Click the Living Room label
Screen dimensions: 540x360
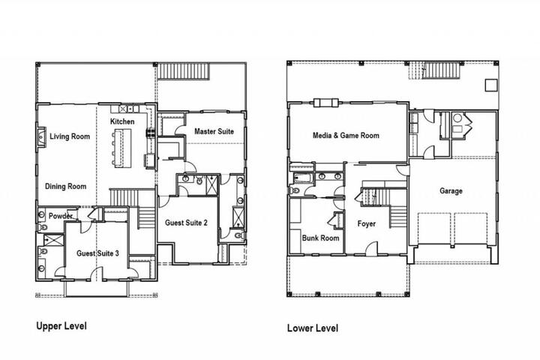click(70, 136)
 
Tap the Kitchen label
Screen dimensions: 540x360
click(122, 121)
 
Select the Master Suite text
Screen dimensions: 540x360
click(214, 131)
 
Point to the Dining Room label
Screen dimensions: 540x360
click(66, 186)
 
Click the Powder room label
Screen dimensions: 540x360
click(61, 216)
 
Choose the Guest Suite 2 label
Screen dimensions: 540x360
click(186, 223)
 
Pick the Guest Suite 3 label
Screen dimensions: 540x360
click(97, 253)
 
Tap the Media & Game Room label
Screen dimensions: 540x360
click(346, 136)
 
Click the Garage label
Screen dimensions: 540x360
click(451, 190)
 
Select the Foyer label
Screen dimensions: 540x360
click(367, 224)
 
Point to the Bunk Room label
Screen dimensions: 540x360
click(321, 238)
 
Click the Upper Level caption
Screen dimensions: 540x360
click(61, 326)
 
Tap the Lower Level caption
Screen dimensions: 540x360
click(313, 328)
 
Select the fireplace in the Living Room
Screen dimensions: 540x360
click(40, 137)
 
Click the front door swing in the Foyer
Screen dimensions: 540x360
click(371, 247)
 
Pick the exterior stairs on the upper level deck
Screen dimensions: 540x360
click(183, 71)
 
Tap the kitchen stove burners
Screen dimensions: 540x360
click(151, 133)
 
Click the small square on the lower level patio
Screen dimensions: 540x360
click(491, 85)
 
